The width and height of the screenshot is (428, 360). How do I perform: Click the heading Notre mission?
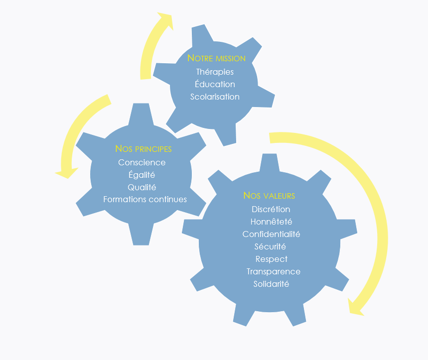[216, 58]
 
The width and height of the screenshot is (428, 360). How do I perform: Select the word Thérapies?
[215, 72]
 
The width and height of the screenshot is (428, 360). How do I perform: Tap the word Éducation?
[215, 84]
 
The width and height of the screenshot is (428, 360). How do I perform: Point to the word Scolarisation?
[215, 97]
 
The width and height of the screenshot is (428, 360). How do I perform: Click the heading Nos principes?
[143, 149]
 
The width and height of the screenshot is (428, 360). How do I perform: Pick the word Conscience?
[142, 162]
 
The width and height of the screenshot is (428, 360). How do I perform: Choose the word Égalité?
[142, 175]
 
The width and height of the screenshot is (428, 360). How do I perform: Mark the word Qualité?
[142, 187]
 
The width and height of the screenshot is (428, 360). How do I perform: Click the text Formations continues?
[145, 199]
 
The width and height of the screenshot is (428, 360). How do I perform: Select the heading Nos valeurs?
[269, 196]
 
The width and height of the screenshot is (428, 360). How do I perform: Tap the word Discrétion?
[271, 209]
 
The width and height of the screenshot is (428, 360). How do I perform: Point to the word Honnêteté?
[271, 222]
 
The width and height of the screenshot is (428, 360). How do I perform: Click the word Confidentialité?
[271, 234]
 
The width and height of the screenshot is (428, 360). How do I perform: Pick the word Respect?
[271, 259]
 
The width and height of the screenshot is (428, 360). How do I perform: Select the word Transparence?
[273, 271]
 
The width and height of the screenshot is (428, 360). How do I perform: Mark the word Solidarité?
[271, 284]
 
